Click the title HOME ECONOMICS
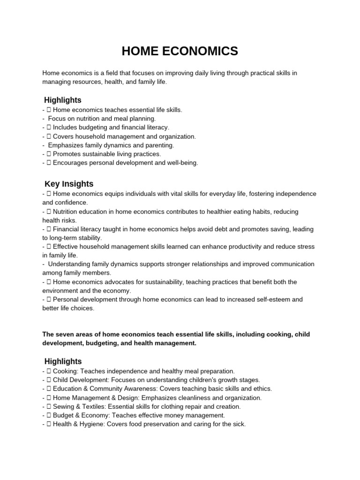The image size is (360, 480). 180,52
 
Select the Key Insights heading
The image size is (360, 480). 69,184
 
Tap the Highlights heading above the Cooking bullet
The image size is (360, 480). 63,361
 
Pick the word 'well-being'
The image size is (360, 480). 182,163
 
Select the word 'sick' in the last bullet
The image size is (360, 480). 239,424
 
